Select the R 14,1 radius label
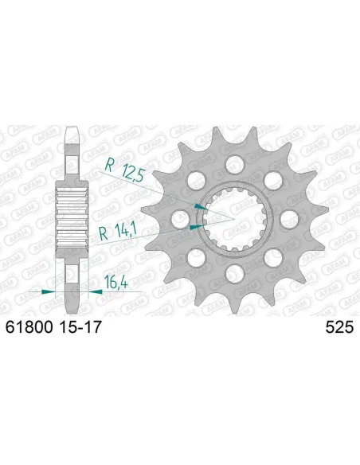pos(115,233)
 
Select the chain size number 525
pos(338,326)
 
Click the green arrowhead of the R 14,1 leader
pos(194,227)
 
